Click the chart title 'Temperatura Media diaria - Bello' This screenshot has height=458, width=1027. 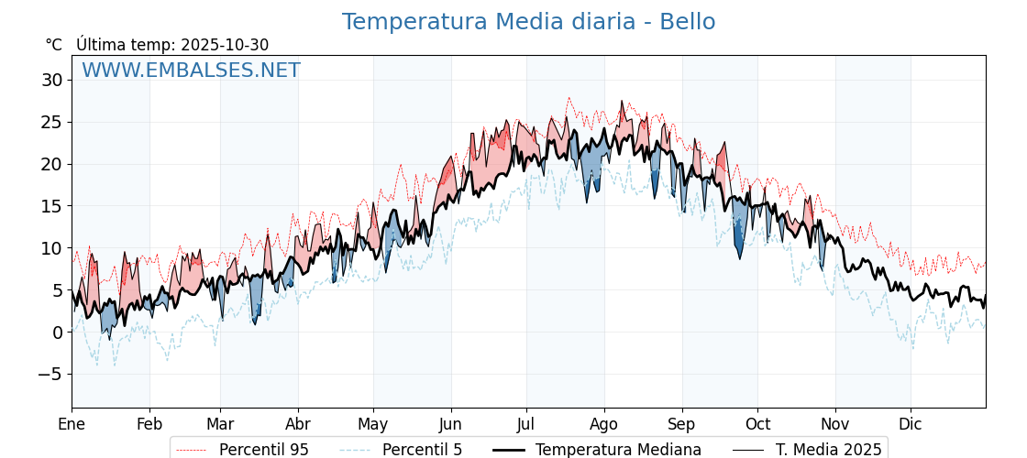[528, 22]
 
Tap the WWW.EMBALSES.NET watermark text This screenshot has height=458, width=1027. [191, 71]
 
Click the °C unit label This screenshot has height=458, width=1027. [54, 45]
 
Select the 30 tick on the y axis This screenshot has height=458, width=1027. [51, 80]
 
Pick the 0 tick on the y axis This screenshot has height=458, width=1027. [57, 332]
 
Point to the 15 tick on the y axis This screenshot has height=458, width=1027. [51, 206]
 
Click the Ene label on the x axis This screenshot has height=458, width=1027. [72, 424]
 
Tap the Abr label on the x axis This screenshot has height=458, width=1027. [298, 424]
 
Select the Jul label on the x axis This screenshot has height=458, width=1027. [526, 424]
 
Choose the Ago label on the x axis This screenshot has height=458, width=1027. [604, 424]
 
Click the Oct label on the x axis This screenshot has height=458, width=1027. [757, 424]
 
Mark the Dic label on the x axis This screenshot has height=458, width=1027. [911, 424]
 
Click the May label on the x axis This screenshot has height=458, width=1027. [373, 424]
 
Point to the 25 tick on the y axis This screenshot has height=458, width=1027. [51, 122]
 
